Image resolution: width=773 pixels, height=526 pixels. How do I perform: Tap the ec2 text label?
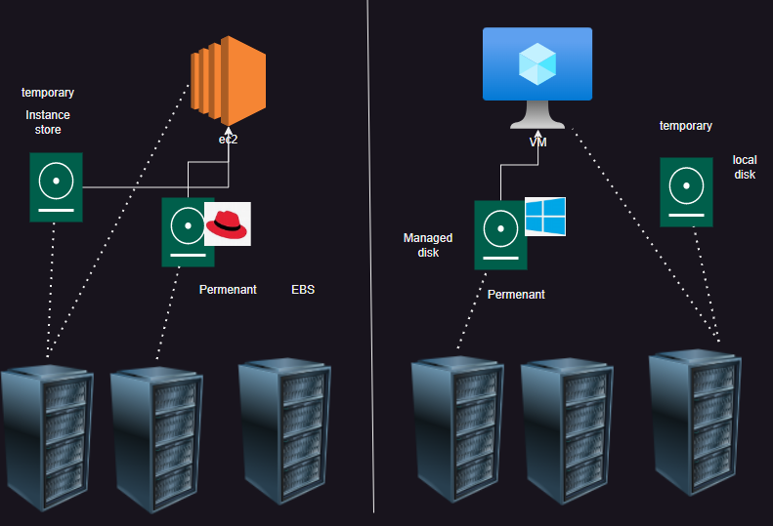point(228,140)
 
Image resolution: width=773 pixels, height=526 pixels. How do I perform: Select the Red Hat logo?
point(228,223)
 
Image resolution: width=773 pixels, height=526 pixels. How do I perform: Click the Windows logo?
point(545,217)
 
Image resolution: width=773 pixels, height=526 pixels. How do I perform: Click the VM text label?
point(537,142)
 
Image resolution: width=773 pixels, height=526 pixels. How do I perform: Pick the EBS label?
point(303,290)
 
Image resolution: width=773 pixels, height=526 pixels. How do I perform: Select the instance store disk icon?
point(56,186)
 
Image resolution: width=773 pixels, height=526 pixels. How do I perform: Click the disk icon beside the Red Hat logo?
point(188,231)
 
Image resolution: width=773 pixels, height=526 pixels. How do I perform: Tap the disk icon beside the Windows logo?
point(500,234)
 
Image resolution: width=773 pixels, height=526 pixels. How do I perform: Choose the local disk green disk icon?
point(686,192)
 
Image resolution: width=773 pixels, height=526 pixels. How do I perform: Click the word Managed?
point(427,238)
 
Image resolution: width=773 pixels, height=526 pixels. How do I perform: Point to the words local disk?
point(745,167)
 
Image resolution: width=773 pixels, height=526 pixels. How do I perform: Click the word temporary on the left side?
point(48,93)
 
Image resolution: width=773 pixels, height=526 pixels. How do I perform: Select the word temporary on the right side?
point(686,126)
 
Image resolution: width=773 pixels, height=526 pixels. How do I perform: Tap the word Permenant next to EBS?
point(228,290)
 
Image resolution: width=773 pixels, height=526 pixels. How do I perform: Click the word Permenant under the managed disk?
point(516,294)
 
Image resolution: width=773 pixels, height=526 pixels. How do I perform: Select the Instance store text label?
point(48,122)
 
